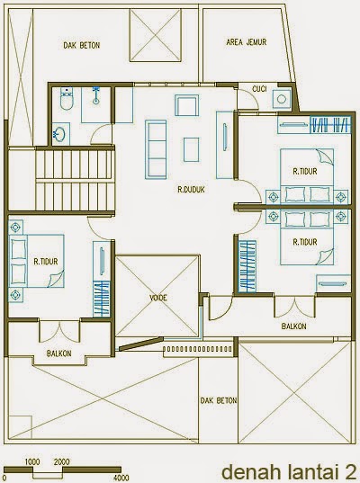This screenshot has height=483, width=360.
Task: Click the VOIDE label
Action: (x=158, y=298)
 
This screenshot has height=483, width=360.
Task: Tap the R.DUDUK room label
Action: (x=191, y=190)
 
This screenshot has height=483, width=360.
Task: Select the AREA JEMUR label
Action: (x=247, y=42)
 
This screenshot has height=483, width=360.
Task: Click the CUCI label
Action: (x=259, y=89)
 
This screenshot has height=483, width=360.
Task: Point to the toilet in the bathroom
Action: (x=67, y=98)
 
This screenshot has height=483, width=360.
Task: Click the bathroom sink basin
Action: (x=58, y=134)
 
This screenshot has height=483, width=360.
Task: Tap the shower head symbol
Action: (x=96, y=94)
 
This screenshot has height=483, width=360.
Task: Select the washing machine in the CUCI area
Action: (x=282, y=99)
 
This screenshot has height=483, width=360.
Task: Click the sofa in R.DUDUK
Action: (x=156, y=149)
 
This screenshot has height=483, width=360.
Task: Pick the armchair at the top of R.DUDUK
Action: (x=186, y=105)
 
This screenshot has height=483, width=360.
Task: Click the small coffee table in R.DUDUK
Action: (x=191, y=149)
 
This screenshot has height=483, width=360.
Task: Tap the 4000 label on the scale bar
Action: (x=121, y=479)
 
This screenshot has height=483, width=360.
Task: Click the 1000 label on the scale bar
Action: (x=32, y=462)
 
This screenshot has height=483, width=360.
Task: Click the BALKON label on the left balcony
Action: (x=58, y=353)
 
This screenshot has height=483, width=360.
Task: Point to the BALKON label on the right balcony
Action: (x=294, y=326)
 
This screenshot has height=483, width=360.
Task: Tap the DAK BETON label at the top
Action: (x=82, y=45)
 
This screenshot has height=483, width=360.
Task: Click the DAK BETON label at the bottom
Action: (x=219, y=400)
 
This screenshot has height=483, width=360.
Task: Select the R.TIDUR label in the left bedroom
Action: (x=46, y=262)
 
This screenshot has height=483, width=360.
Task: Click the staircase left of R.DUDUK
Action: (x=76, y=180)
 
